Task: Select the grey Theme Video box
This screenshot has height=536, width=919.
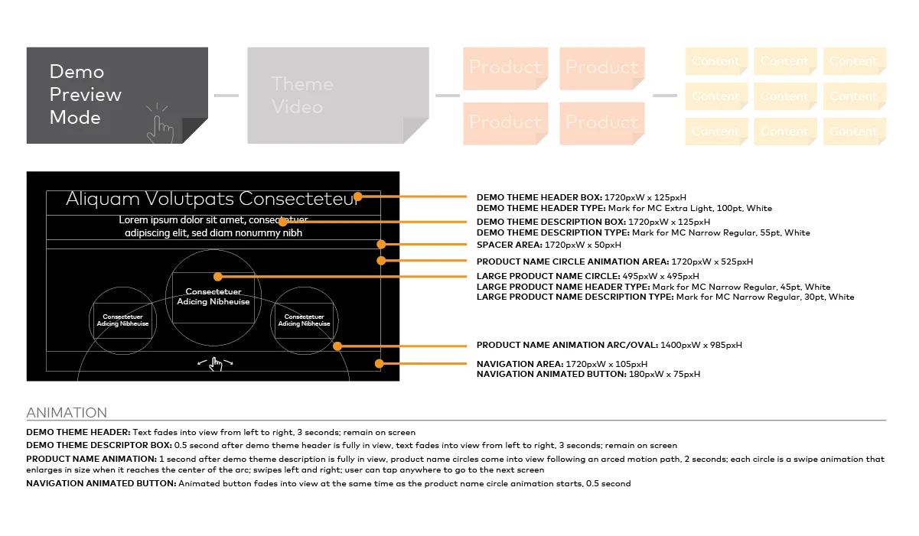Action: [337, 95]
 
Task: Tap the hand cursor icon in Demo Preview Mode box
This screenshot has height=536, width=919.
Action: [160, 124]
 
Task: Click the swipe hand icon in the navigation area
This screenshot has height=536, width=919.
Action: [215, 364]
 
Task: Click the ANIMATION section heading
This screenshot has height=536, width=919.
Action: [67, 413]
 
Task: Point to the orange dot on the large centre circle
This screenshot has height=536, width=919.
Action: [218, 276]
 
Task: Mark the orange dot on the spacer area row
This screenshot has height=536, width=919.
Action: [380, 245]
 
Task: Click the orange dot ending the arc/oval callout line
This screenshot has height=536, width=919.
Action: [337, 346]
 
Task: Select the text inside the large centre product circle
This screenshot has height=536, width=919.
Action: [213, 297]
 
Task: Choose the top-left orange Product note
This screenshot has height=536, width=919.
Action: [504, 67]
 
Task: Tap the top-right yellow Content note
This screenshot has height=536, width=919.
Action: [854, 61]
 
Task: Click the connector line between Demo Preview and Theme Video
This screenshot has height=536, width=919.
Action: [226, 96]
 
